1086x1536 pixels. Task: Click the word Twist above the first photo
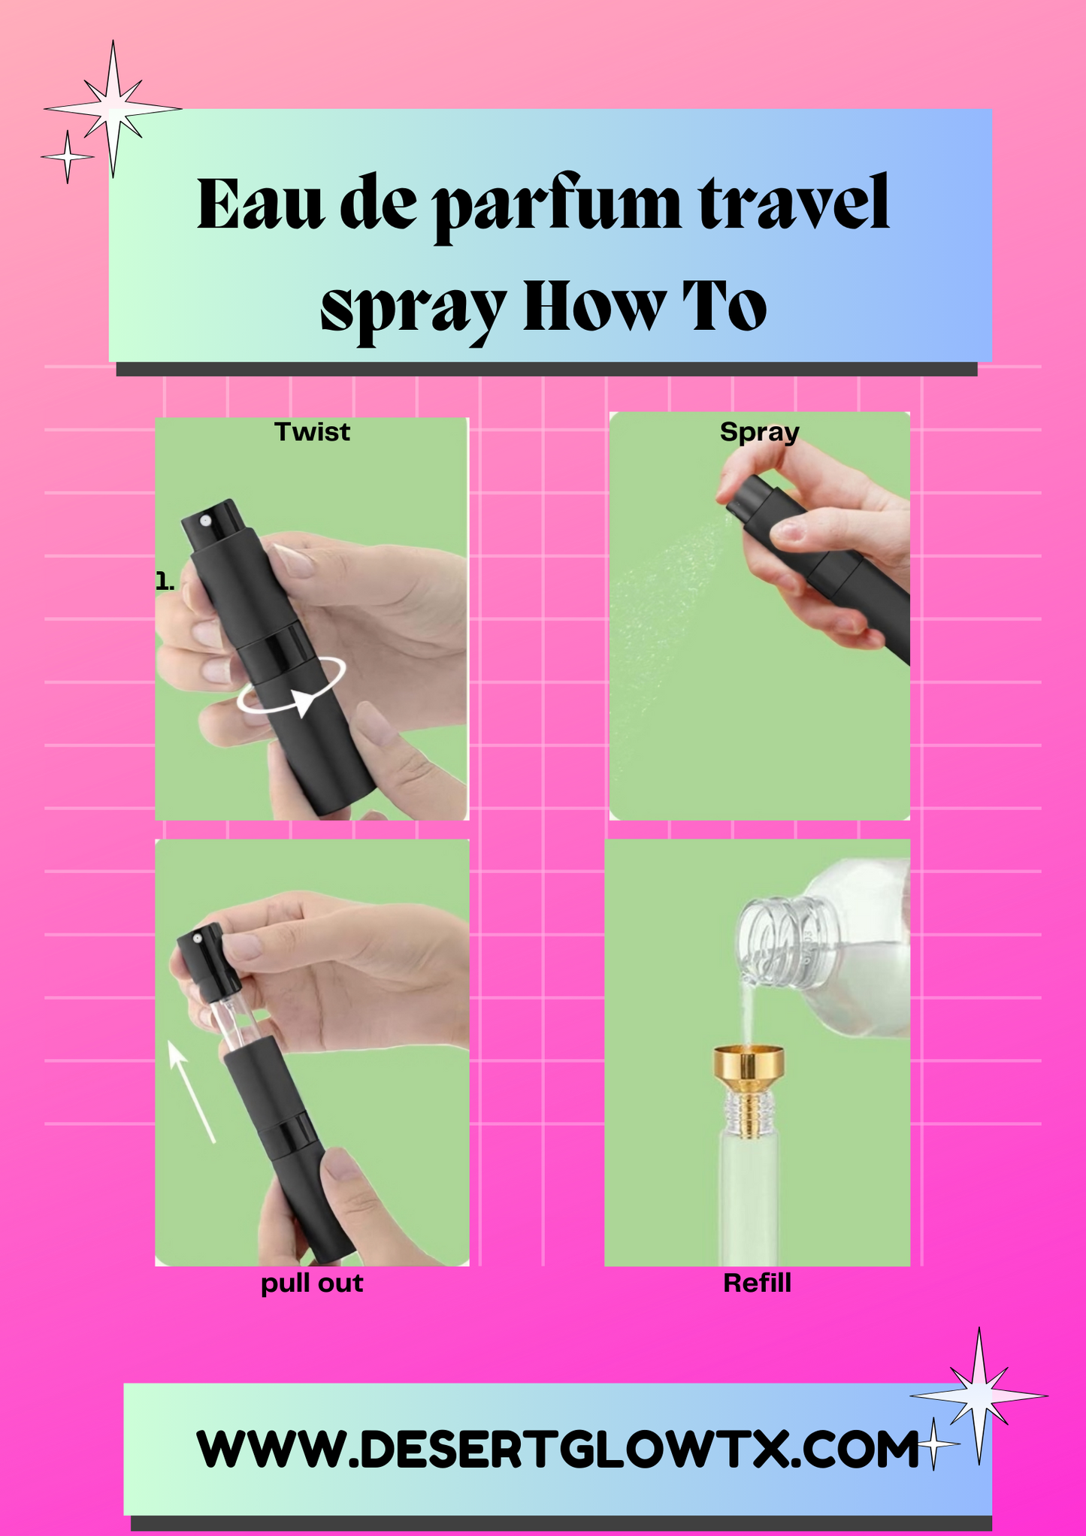pyautogui.click(x=312, y=432)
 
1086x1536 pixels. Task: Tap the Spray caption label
pyautogui.click(x=759, y=433)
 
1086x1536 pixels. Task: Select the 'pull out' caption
pyautogui.click(x=312, y=1283)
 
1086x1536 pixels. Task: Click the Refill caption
pyautogui.click(x=757, y=1282)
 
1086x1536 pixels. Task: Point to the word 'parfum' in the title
pyautogui.click(x=557, y=205)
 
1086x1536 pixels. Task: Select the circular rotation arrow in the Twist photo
pyautogui.click(x=292, y=685)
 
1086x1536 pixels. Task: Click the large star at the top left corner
pyautogui.click(x=113, y=110)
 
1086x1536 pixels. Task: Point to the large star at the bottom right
pyautogui.click(x=979, y=1395)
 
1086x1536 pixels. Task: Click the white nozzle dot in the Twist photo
pyautogui.click(x=205, y=520)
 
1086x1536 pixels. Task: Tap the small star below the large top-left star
pyautogui.click(x=68, y=156)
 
